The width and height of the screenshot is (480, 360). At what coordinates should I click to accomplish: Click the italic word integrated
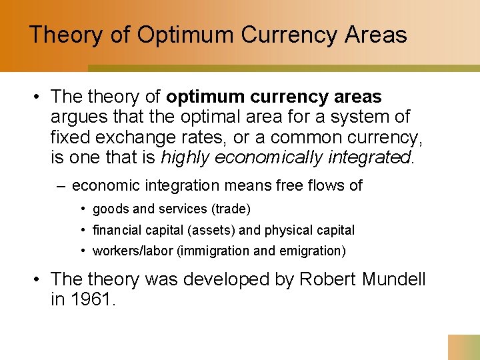(374, 158)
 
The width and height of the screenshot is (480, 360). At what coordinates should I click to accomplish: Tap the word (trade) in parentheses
(231, 209)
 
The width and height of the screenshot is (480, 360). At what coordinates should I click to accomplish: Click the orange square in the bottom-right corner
(464, 347)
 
